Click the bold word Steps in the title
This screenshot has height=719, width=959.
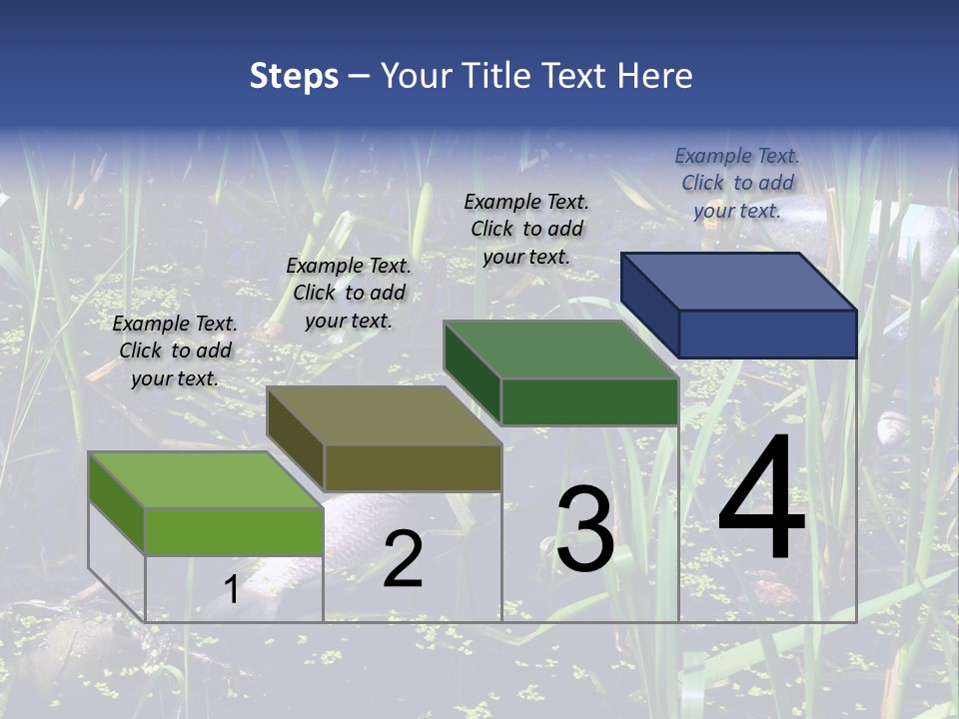pyautogui.click(x=294, y=76)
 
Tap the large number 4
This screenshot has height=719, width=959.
pyautogui.click(x=761, y=499)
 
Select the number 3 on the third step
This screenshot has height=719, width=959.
pyautogui.click(x=585, y=530)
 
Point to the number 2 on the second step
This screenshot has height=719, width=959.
pyautogui.click(x=403, y=560)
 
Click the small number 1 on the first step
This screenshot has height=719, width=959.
pyautogui.click(x=231, y=590)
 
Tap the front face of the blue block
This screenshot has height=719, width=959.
pyautogui.click(x=767, y=334)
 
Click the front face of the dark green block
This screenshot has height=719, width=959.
pyautogui.click(x=589, y=401)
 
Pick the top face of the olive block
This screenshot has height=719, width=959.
pyautogui.click(x=384, y=415)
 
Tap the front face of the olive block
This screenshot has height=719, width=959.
pyautogui.click(x=412, y=467)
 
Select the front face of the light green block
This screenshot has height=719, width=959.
pyautogui.click(x=234, y=531)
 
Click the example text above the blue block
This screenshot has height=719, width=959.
pyautogui.click(x=737, y=183)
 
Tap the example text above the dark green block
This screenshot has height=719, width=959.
pyautogui.click(x=526, y=229)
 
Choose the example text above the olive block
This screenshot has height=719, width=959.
pyautogui.click(x=349, y=293)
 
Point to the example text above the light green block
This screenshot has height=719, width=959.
pyautogui.click(x=175, y=351)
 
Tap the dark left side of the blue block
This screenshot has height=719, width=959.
pyautogui.click(x=650, y=304)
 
